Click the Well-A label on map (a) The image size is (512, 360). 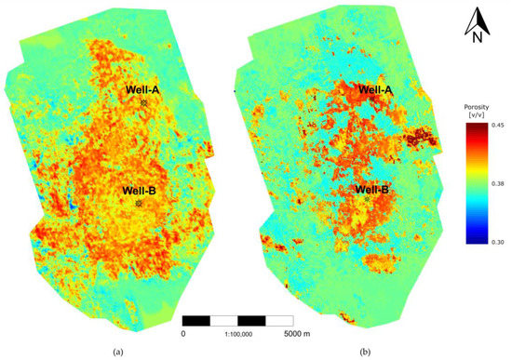[x=144, y=89]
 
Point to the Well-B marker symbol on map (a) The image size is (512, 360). [x=139, y=202]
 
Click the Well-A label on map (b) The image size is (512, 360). [x=371, y=88]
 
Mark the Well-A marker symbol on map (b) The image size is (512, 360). [x=371, y=99]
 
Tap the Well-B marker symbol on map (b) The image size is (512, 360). [x=367, y=199]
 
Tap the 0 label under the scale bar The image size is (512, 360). [x=183, y=331]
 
